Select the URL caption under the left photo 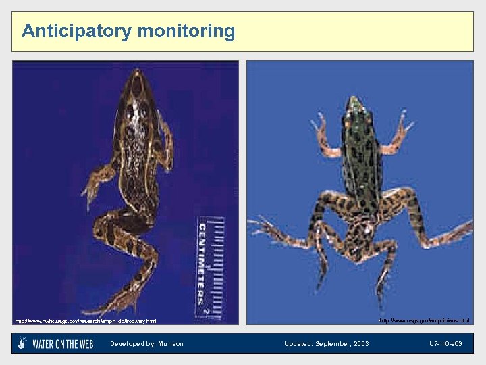click(85, 321)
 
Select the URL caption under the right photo click(424, 320)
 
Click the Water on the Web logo click(55, 344)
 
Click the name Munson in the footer click(171, 344)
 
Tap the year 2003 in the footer click(361, 344)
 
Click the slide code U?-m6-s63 click(446, 344)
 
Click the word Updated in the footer click(298, 344)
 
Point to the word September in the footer click(333, 344)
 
